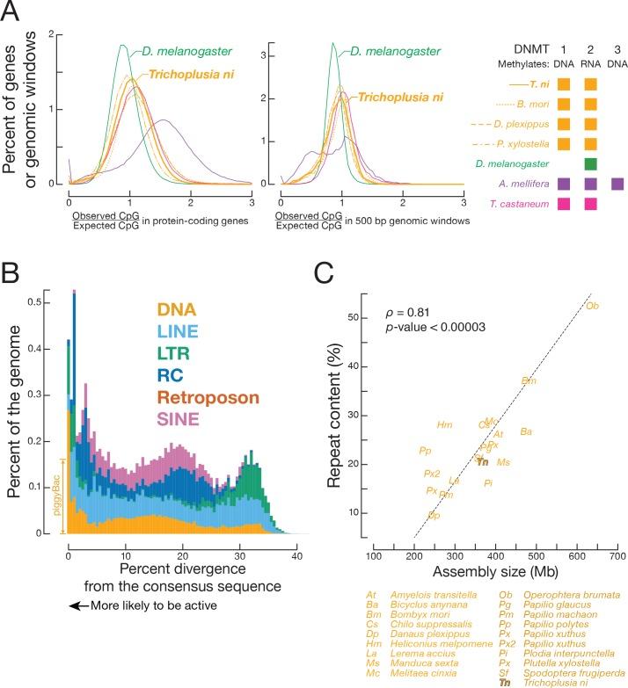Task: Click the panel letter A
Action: tap(14, 14)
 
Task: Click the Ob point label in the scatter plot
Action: tap(592, 306)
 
